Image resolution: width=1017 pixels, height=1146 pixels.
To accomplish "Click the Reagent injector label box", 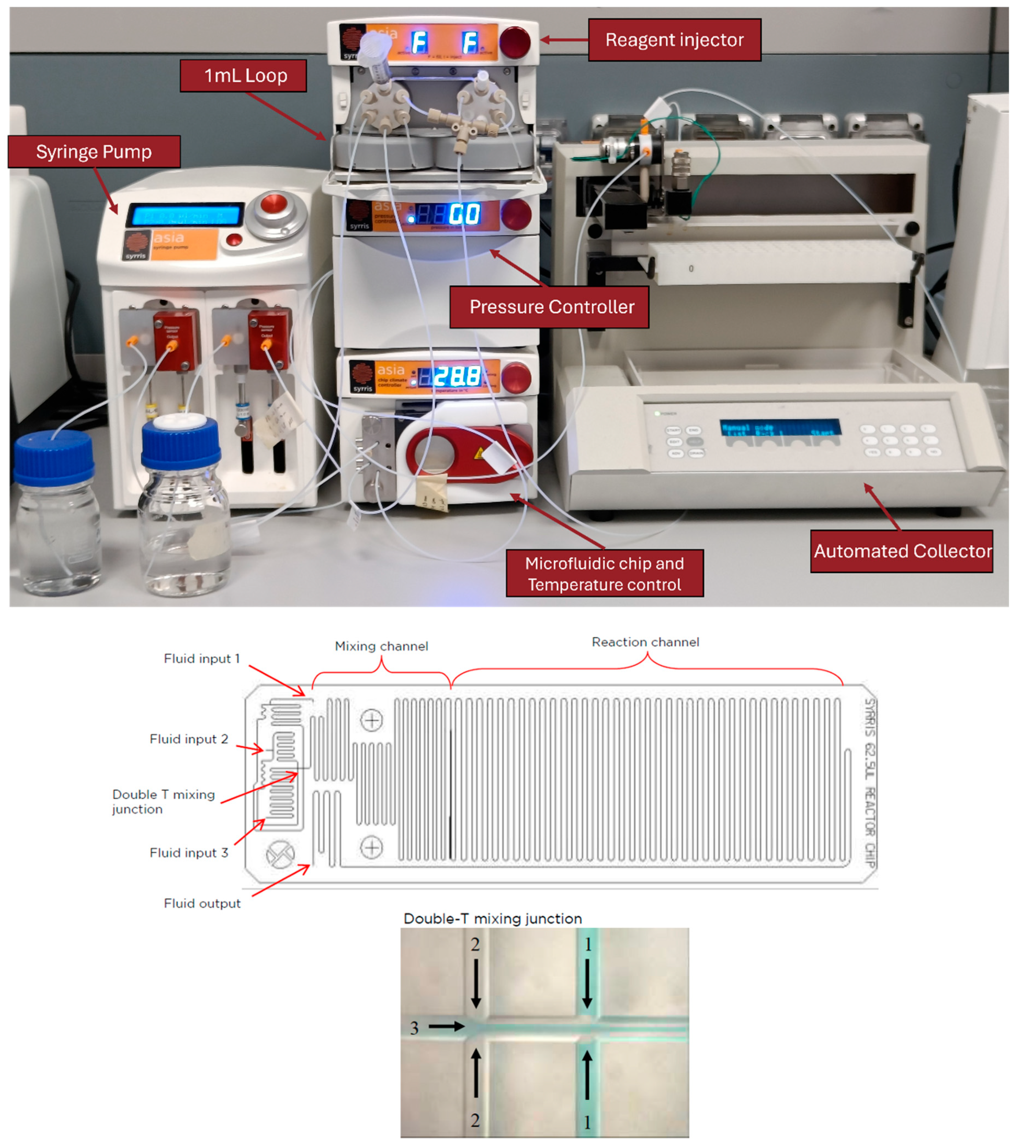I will (674, 40).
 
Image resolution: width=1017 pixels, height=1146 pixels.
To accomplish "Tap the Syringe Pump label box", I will (94, 151).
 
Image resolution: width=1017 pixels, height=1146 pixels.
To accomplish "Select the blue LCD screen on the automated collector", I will (780, 428).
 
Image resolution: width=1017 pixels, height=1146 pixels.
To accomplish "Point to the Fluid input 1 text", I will (201, 658).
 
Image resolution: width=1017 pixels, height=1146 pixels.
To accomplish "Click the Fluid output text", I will (202, 903).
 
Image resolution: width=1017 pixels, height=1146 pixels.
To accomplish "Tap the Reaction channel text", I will (645, 642).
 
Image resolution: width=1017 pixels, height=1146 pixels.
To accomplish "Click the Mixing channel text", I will (381, 646).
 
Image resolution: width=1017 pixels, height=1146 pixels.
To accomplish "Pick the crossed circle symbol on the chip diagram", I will (279, 854).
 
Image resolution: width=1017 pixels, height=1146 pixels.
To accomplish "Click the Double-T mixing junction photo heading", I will (492, 918).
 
